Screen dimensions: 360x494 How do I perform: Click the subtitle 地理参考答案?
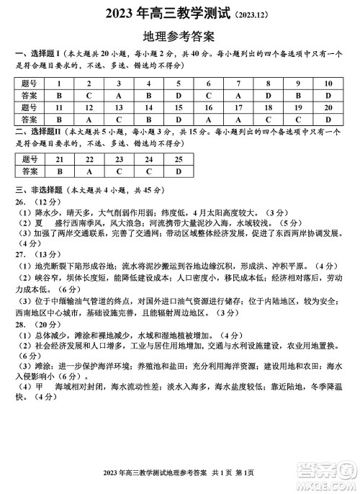179,35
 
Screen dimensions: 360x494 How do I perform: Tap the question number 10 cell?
328,84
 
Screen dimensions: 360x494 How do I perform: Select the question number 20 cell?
328,107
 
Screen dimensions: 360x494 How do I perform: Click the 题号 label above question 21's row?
30,159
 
